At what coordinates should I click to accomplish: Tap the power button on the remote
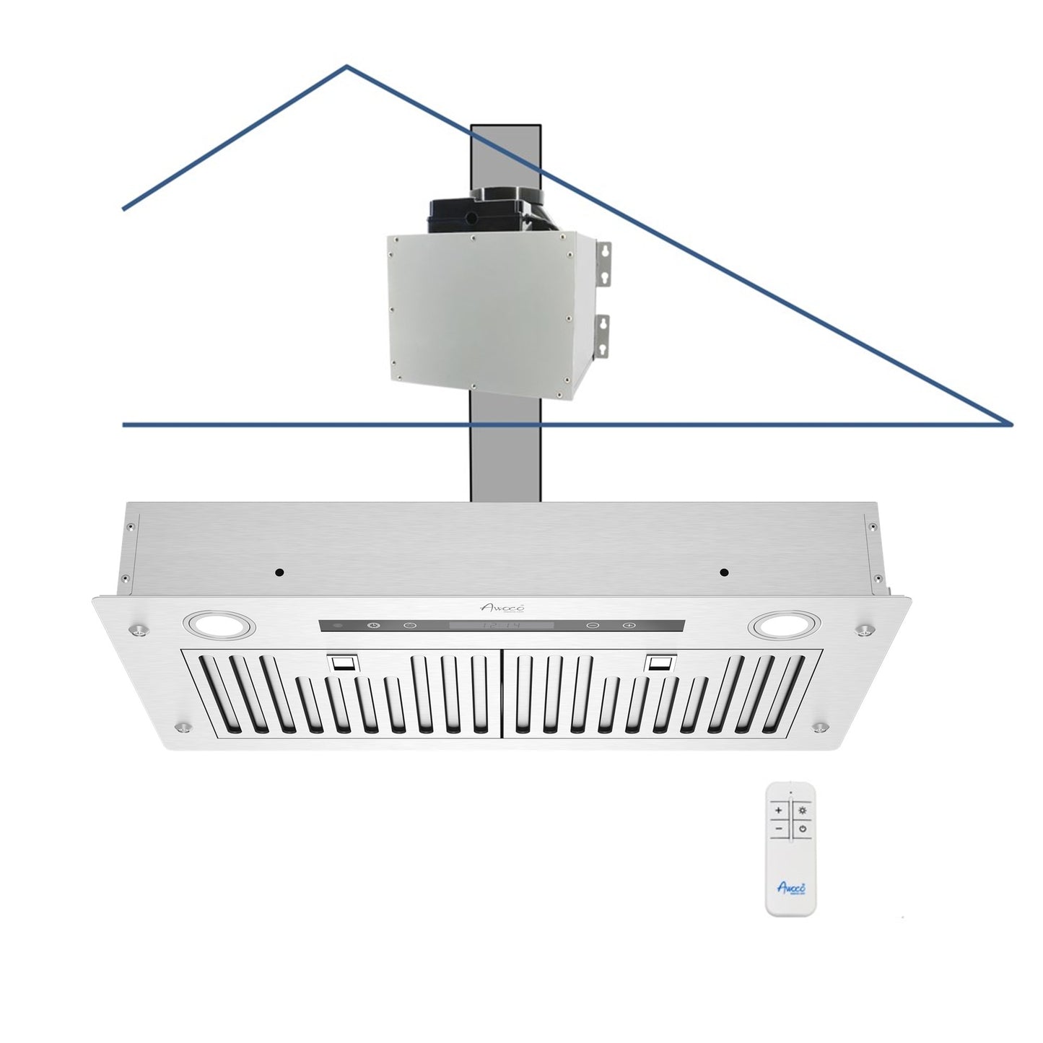802,830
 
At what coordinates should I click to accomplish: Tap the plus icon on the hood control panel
628,626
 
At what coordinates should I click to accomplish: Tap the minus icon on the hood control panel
592,626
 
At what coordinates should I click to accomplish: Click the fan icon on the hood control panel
374,626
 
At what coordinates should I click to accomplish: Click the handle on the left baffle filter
342,663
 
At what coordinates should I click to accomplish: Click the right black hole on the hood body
724,572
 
